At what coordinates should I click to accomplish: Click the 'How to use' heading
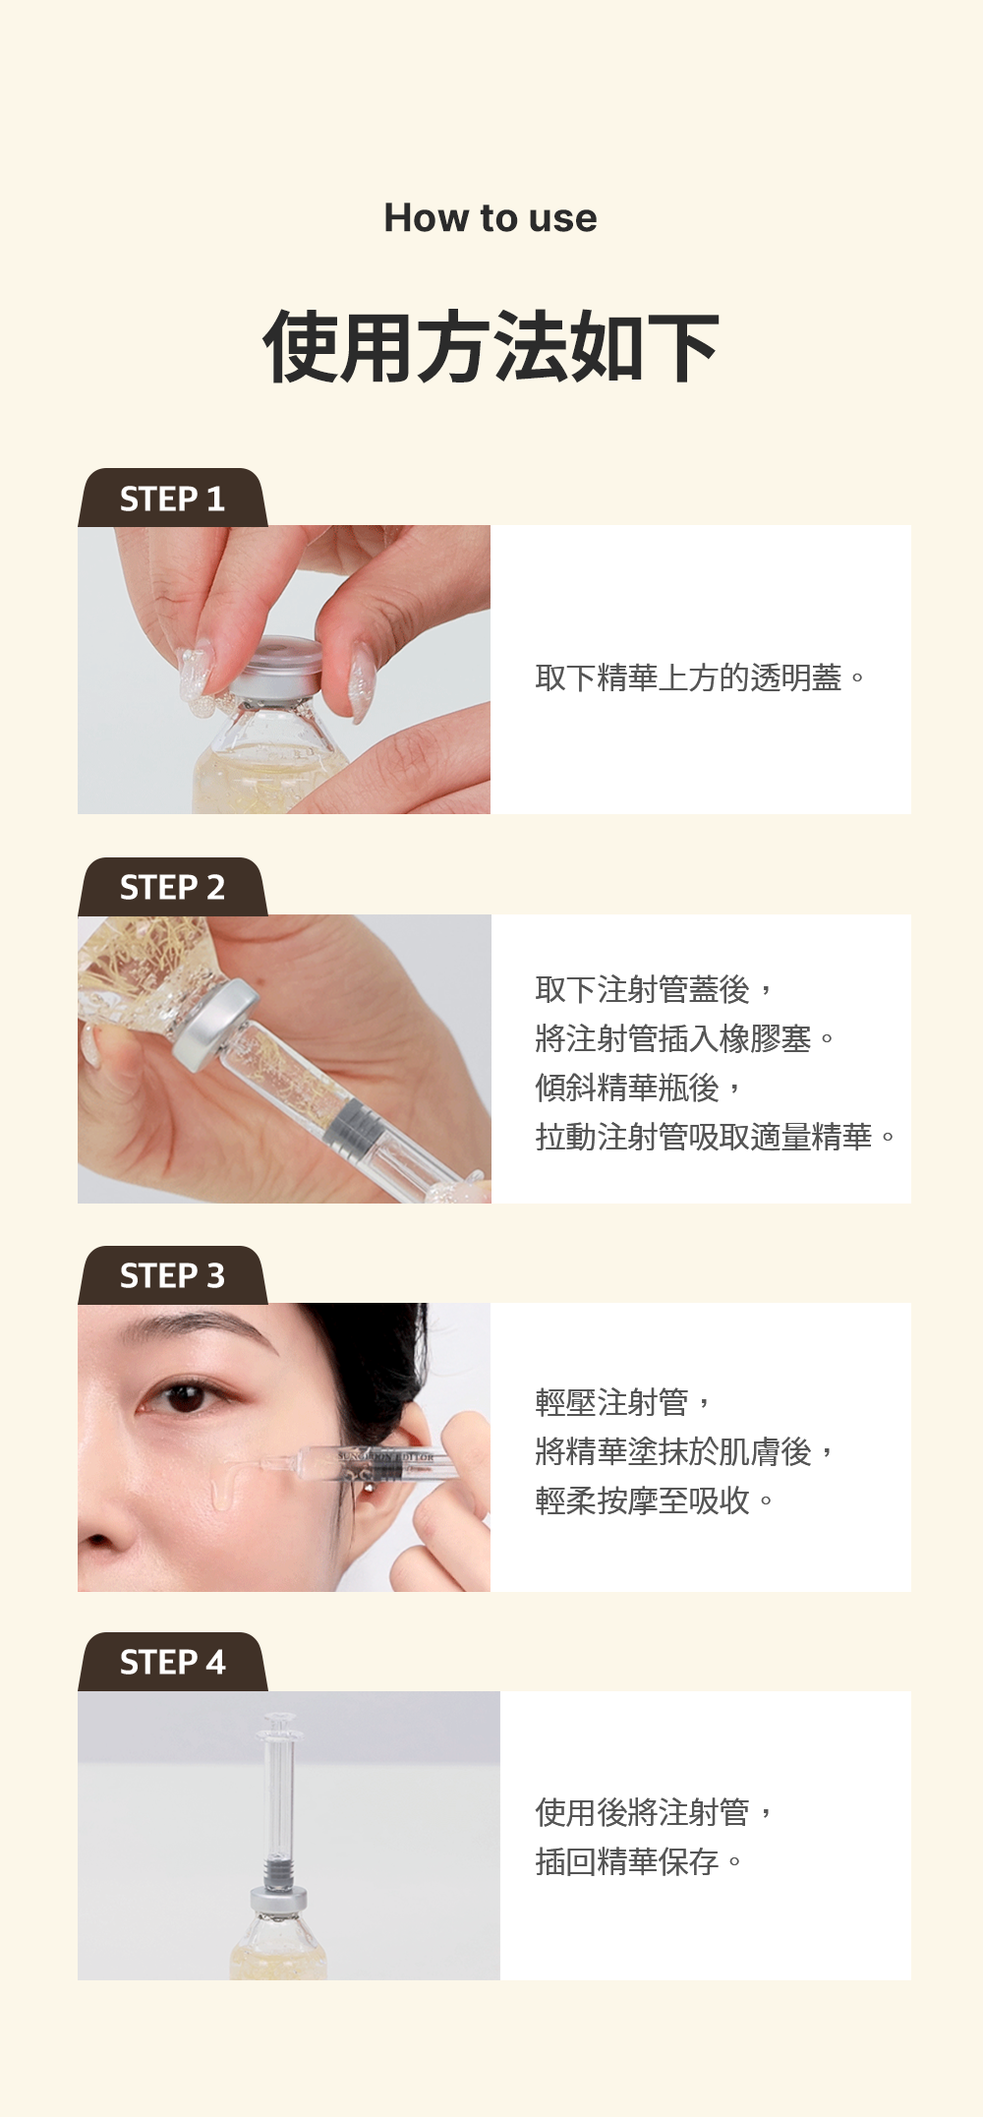tap(491, 218)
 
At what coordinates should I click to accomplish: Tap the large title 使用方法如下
tap(491, 346)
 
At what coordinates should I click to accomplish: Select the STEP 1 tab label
tap(172, 499)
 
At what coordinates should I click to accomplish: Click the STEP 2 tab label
tap(172, 887)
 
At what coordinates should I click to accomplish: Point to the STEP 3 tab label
tap(172, 1275)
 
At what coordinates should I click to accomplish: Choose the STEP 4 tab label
tap(172, 1662)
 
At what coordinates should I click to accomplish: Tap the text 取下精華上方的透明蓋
tap(688, 677)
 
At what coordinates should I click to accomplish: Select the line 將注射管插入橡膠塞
tap(673, 1038)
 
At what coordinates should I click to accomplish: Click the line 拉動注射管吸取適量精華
tap(704, 1137)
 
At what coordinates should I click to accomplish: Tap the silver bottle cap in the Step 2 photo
tap(215, 1026)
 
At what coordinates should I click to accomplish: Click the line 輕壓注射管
tap(611, 1402)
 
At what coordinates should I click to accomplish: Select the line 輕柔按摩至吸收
tap(642, 1500)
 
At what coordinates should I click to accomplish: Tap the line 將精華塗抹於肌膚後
tap(673, 1451)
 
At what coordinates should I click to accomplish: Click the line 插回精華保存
tap(627, 1861)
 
